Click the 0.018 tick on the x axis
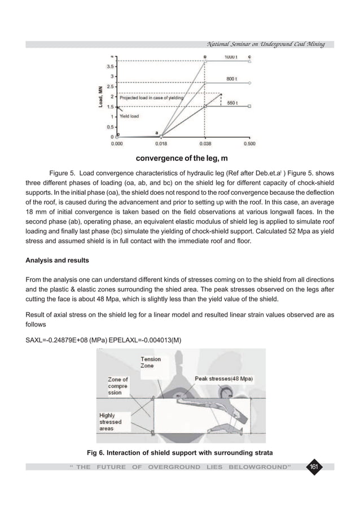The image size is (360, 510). pos(161,143)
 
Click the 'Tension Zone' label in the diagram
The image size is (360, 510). pos(151,362)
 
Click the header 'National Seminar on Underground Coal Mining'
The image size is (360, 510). pos(271,44)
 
